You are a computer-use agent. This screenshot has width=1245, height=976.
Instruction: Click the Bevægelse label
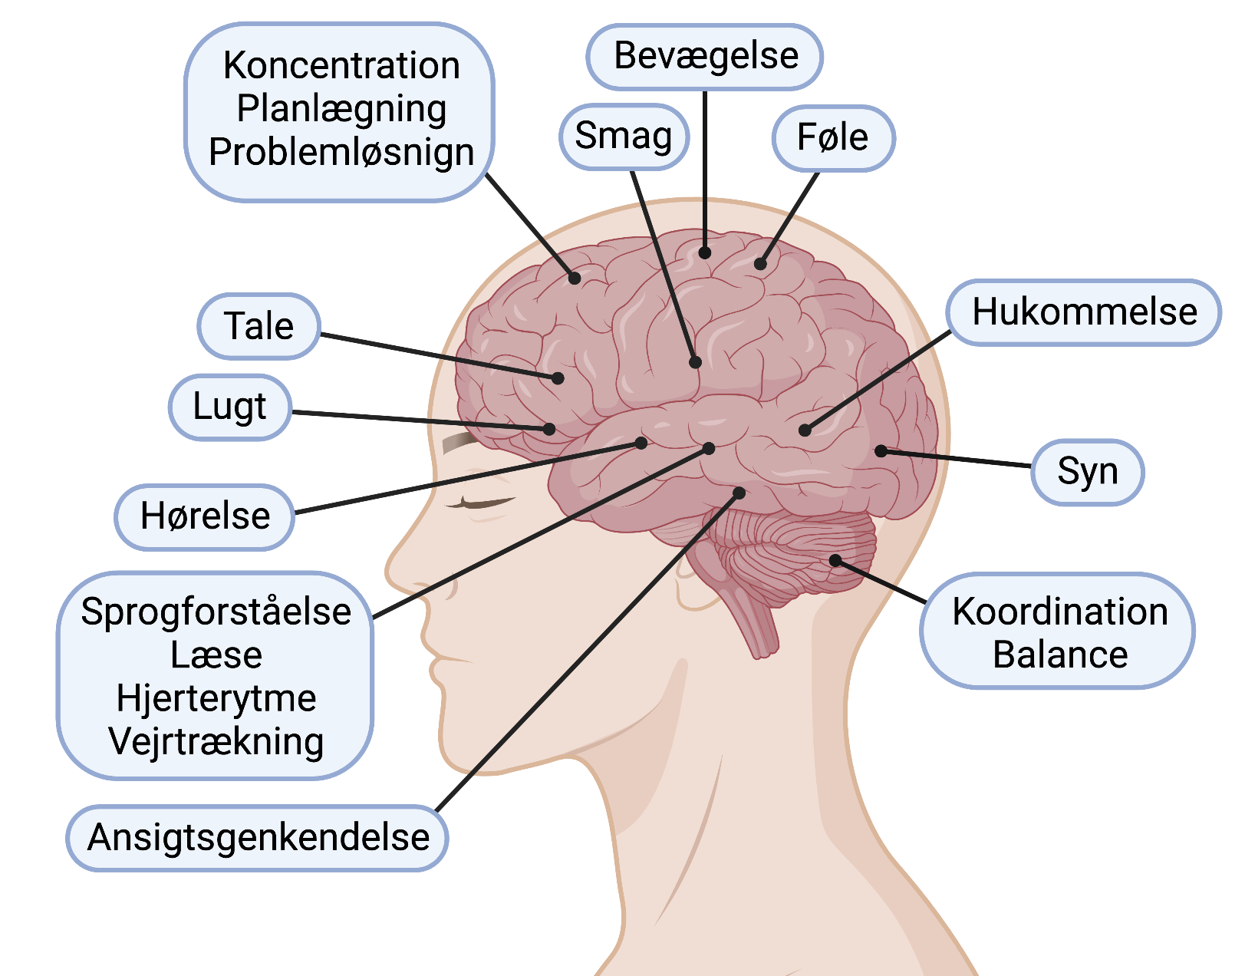(x=705, y=56)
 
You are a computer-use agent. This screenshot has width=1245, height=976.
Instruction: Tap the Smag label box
(x=624, y=137)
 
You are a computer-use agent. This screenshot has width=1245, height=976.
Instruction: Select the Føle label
(x=833, y=138)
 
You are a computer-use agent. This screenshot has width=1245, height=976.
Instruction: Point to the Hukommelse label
(x=1084, y=312)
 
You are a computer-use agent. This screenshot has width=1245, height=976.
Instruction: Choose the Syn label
(x=1087, y=472)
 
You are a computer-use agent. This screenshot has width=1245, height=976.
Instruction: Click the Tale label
(x=259, y=326)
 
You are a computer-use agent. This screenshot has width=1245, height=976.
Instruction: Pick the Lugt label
(x=229, y=407)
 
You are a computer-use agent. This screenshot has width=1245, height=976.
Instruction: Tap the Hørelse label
(x=205, y=516)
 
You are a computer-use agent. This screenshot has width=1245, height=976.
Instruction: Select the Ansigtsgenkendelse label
(x=258, y=837)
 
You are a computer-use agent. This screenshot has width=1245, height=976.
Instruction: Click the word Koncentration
(x=341, y=66)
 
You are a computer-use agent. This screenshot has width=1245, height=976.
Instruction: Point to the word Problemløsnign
(x=341, y=153)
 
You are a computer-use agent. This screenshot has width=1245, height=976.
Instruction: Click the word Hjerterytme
(x=216, y=699)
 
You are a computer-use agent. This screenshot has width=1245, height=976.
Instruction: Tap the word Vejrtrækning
(x=216, y=742)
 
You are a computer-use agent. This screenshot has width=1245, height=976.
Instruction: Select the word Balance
(x=1060, y=655)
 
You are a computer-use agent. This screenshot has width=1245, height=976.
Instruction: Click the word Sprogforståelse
(x=216, y=612)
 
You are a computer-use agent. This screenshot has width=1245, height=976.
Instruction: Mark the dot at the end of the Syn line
(x=881, y=450)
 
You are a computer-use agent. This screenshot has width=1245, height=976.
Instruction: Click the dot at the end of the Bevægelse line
(x=704, y=252)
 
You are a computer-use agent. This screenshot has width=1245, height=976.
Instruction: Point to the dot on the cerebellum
(x=835, y=561)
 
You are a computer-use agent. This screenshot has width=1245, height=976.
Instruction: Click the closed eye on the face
(x=482, y=503)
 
